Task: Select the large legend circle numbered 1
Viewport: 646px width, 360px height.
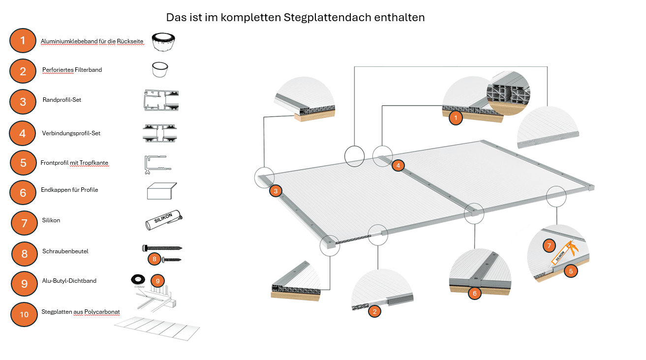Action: coord(23,40)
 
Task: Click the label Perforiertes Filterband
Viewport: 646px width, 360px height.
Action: coord(72,70)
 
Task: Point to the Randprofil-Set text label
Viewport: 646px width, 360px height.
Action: coord(62,100)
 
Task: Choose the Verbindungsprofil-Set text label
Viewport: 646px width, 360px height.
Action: coord(71,133)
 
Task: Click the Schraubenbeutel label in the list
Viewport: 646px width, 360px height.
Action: coord(65,251)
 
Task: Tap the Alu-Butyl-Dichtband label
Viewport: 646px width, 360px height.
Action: coord(69,281)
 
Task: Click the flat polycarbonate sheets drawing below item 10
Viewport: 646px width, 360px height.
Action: coord(157,329)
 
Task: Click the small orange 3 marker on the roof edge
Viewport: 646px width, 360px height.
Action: coord(276,190)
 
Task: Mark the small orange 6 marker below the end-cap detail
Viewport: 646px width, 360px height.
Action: coord(474,294)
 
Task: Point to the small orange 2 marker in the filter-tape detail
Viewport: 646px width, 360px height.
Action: coord(374,311)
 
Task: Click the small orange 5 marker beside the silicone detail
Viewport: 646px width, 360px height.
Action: coord(571,270)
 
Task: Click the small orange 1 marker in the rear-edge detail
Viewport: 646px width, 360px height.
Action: coord(456,118)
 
